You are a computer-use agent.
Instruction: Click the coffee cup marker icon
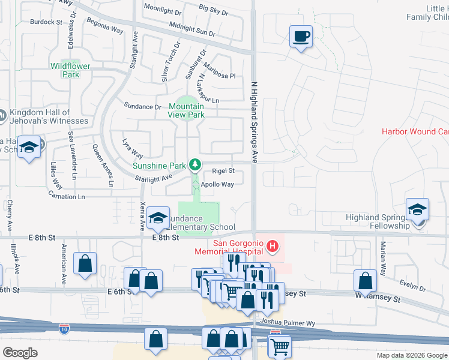click(301, 37)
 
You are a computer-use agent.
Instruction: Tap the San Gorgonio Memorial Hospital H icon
click(273, 246)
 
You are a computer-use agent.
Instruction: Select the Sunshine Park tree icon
click(194, 164)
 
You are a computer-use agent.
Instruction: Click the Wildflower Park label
click(65, 70)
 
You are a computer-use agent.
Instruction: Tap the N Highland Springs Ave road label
click(255, 123)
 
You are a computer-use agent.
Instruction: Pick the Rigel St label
click(223, 171)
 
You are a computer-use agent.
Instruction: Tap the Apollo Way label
click(217, 184)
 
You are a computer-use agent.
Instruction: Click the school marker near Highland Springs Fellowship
click(417, 210)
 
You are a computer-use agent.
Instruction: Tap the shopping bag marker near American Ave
click(85, 263)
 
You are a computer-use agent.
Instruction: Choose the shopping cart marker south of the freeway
click(280, 346)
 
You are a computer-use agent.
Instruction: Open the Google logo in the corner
click(20, 352)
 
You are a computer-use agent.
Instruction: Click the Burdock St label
click(46, 22)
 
